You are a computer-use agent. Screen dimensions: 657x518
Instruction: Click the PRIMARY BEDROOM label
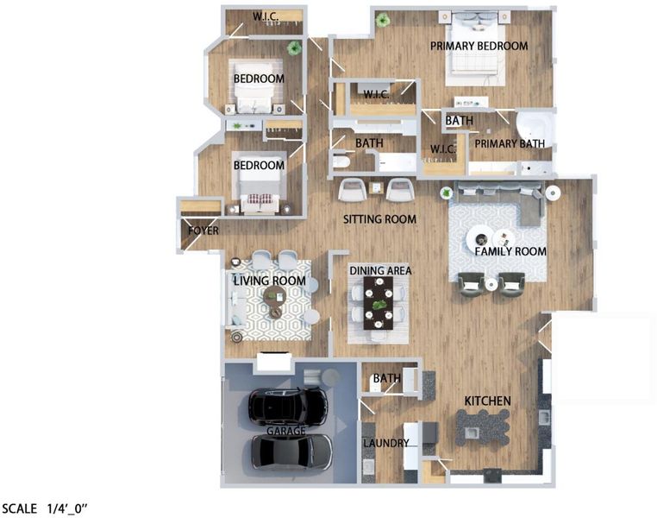[479, 46]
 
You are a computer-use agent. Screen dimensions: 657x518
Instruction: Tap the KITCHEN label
[487, 401]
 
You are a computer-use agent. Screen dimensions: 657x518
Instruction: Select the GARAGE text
[286, 431]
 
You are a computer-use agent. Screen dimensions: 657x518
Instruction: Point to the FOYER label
[203, 231]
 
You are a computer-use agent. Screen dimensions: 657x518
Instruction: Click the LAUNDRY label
[386, 443]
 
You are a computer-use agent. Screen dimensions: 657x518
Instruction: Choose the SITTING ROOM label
[379, 219]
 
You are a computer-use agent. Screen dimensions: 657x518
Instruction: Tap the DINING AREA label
[380, 271]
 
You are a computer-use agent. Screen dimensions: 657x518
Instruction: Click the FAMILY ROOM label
[510, 251]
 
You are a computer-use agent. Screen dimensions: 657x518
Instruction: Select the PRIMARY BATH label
[510, 144]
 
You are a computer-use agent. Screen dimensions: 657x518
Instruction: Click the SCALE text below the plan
[19, 509]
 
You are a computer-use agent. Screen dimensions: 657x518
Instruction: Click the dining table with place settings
[379, 303]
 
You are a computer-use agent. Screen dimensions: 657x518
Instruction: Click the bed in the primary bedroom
[474, 49]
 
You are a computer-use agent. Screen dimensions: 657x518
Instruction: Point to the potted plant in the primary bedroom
[382, 20]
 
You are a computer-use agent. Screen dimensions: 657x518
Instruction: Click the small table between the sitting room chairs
[376, 187]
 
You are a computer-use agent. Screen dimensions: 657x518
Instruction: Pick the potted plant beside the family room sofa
[447, 193]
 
